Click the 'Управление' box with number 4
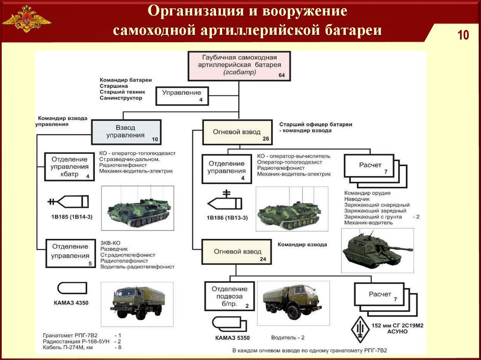[x=182, y=95]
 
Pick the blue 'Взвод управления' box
[x=126, y=131]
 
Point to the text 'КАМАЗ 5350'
[x=230, y=337]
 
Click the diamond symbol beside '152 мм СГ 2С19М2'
[x=360, y=327]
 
